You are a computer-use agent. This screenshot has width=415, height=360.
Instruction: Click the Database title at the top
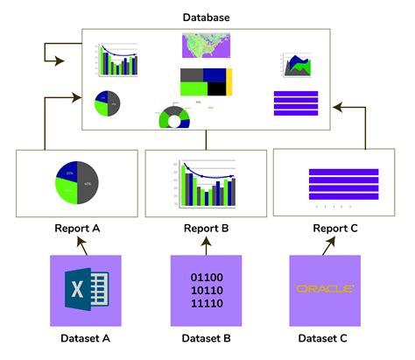[207, 16]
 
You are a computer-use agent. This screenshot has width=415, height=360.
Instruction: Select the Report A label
[77, 229]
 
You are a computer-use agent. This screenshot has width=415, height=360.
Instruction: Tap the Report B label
[207, 229]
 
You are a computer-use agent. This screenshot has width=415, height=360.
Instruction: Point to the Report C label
[336, 229]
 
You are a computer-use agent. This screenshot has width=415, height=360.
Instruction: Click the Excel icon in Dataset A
[86, 289]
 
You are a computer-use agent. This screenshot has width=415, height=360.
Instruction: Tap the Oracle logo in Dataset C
[325, 288]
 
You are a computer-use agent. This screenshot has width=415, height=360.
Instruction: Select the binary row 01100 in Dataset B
[207, 278]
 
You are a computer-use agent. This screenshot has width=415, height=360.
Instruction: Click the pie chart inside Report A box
[77, 182]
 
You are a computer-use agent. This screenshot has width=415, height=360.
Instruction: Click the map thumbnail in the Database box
[207, 46]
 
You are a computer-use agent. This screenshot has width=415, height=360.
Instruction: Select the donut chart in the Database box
[173, 117]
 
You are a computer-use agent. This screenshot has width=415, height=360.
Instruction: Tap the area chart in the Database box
[296, 63]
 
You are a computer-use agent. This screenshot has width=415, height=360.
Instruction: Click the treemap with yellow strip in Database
[207, 81]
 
